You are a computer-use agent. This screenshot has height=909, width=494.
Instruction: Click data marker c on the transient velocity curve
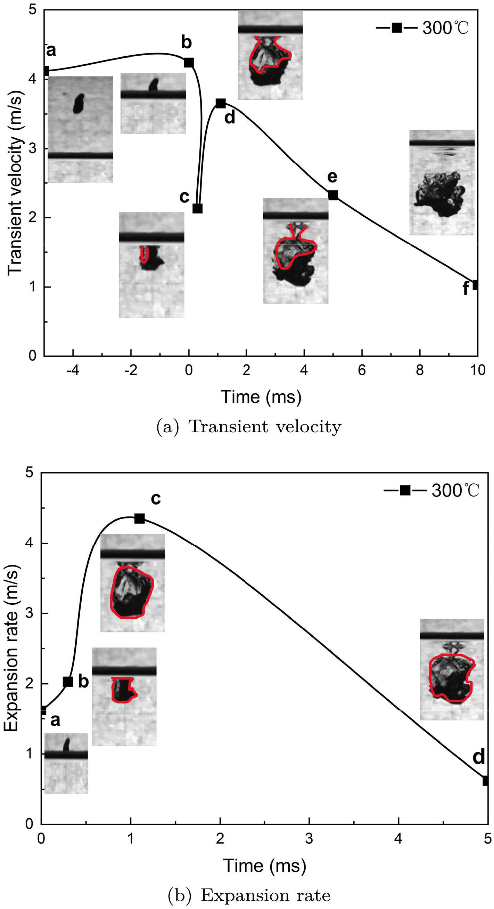(x=197, y=209)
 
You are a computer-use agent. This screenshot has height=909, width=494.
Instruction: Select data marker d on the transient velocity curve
(x=220, y=103)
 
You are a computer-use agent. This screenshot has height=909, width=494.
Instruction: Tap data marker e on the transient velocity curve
(x=333, y=195)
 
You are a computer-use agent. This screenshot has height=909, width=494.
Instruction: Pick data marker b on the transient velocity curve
(x=189, y=63)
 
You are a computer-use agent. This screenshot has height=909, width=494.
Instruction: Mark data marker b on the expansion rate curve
(x=68, y=681)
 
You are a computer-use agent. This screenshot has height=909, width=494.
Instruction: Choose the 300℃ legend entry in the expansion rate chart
(x=431, y=491)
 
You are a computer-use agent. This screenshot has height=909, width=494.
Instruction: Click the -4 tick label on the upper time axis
(x=73, y=370)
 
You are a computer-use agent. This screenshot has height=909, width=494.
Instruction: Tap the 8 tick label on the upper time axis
(x=420, y=370)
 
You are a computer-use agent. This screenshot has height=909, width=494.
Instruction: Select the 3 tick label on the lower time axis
(x=309, y=838)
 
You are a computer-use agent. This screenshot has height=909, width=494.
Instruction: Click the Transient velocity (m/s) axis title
(x=15, y=184)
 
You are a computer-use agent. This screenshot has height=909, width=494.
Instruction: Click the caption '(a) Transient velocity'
(x=249, y=427)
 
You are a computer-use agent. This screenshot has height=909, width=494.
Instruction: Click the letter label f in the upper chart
(x=466, y=289)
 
